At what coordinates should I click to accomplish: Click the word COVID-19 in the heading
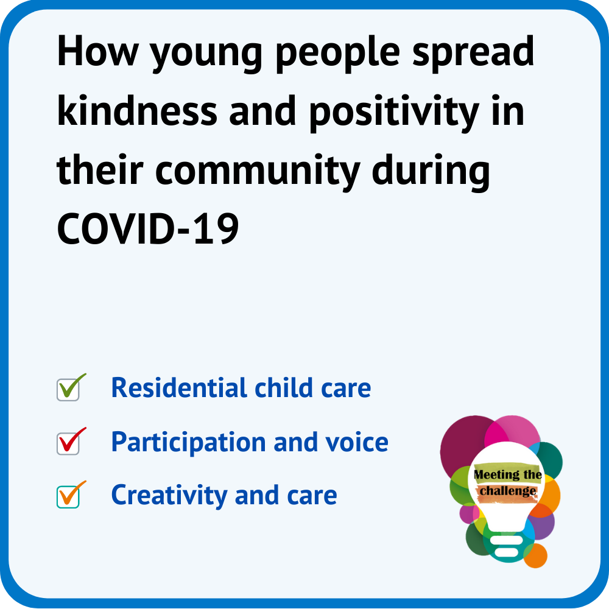coord(148,229)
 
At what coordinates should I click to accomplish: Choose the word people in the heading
coord(337,54)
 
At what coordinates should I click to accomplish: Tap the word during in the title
coord(431,172)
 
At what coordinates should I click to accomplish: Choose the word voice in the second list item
coord(357,442)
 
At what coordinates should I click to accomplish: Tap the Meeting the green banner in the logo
coord(508,474)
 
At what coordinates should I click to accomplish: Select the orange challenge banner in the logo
coord(508,492)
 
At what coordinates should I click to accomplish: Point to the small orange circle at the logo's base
coord(536,556)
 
